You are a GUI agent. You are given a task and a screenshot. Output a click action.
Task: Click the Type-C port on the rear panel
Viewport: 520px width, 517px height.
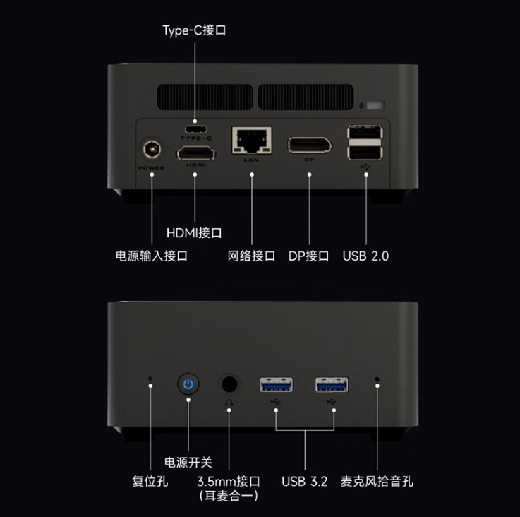point(195,129)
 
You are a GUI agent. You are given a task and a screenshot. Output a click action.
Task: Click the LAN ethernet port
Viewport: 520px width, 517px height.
point(251,140)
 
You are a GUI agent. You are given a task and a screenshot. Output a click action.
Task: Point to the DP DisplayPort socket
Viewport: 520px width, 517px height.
point(309,144)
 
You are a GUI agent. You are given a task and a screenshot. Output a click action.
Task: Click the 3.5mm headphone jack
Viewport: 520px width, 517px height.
point(229,384)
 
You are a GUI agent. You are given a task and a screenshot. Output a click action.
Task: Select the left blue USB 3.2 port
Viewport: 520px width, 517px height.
point(276,385)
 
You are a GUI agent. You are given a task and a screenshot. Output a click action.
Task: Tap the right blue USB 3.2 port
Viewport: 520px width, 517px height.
point(332,385)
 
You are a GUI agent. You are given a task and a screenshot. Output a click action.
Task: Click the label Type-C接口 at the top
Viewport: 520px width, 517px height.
point(194,31)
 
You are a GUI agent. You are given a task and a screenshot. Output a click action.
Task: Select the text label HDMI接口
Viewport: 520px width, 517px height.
point(194,232)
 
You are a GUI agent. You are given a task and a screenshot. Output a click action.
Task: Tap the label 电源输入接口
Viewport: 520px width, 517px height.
point(151,256)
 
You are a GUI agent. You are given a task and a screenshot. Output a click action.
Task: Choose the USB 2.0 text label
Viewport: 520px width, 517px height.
point(365,256)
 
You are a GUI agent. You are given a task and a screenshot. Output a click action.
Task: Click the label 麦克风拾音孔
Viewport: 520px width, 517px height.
point(377,482)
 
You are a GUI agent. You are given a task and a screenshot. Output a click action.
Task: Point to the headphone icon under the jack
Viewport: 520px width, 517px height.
point(229,404)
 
